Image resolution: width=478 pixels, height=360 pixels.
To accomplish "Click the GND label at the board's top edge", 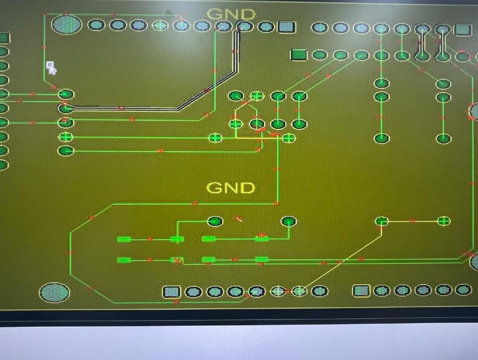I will pos(231,14).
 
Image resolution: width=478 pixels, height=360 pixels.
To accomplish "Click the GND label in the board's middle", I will pos(231,188).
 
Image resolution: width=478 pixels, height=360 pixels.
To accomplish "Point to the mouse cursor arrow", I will pos(50,68).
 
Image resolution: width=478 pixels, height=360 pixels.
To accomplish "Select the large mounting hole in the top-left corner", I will pos(67,24).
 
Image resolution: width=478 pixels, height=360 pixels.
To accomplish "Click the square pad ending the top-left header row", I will pos(286,27).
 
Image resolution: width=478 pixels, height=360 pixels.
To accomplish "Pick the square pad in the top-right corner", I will pos(462,30).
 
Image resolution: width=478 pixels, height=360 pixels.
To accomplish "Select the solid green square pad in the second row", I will pos(299,55).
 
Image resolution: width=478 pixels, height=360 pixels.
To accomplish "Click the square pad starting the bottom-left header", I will pos(171,292).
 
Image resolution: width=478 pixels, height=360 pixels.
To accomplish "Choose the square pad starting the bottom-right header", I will pos(361,290).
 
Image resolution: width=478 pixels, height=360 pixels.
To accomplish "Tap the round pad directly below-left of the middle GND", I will pos(215,221).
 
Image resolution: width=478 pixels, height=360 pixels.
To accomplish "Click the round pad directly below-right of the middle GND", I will pos(288,222).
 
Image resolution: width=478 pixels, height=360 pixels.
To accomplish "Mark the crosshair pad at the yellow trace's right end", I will pos(444,221).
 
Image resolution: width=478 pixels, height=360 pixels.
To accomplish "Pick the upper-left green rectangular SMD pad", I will pos(124,239).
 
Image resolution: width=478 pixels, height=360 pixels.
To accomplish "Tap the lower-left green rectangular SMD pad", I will pos(124,260).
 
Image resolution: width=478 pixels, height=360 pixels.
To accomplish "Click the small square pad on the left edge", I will pos(4,37).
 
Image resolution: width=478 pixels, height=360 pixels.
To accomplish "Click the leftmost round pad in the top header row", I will pos(96,25).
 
